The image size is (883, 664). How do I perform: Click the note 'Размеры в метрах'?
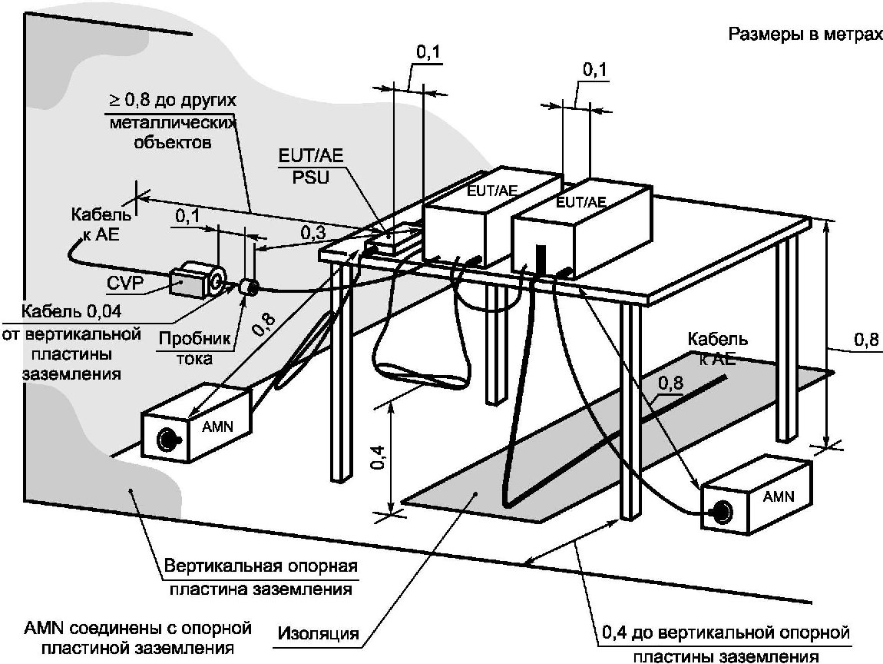click(805, 35)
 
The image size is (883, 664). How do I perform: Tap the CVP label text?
click(126, 283)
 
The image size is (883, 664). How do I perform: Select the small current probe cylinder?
click(248, 287)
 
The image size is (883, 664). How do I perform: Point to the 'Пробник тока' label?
click(195, 348)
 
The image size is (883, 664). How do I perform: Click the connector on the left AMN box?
click(167, 438)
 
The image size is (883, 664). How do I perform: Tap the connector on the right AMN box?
click(721, 512)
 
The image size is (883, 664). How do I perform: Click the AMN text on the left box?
click(217, 426)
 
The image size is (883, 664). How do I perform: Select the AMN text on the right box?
click(779, 496)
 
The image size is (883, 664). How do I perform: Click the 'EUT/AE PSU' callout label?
click(311, 166)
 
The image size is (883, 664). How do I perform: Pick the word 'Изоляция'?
click(318, 633)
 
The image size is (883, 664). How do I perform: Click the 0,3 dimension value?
click(313, 232)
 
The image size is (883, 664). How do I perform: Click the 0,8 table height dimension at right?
click(866, 340)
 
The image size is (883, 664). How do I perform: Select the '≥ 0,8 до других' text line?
click(172, 101)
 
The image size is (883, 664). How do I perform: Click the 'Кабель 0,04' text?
click(71, 310)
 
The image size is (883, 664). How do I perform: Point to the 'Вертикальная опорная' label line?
click(261, 566)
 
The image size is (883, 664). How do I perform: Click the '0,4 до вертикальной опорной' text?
click(726, 632)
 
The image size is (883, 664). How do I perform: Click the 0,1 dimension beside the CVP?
click(187, 217)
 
